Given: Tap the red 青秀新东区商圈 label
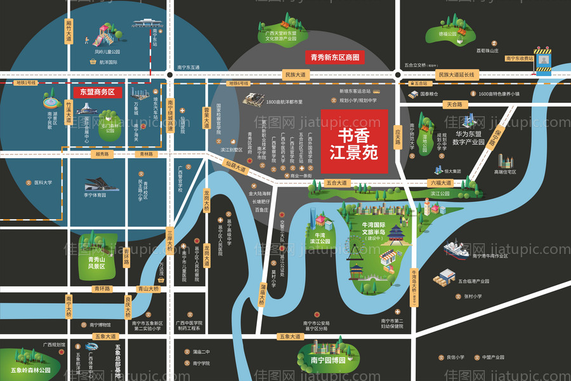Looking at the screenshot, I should coord(334,57).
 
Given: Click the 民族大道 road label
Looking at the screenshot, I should coord(295,75).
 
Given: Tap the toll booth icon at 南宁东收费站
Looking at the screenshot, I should coord(542,60).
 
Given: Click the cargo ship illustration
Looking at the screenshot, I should coord(462,248).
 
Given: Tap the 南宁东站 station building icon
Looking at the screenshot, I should coord(145,25).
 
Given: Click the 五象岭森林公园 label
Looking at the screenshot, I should coord(30,370).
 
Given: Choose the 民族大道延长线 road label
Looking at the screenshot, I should coord(456,75).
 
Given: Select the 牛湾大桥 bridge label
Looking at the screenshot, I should coord(414,283).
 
